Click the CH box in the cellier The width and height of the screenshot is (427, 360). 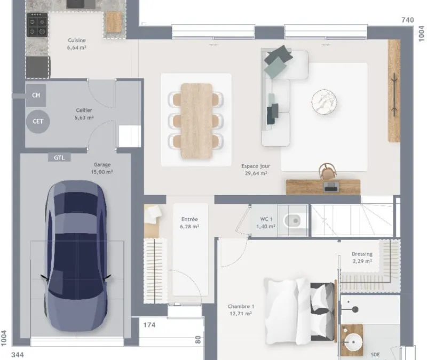(36, 95)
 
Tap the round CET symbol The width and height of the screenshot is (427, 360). (38, 122)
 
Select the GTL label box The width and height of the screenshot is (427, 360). (59, 157)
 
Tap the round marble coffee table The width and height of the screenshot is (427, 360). (324, 102)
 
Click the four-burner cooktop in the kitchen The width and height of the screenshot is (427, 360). (37, 25)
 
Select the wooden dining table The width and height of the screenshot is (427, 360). (196, 121)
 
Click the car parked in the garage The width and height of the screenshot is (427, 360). (76, 256)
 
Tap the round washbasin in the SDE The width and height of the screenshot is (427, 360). (353, 342)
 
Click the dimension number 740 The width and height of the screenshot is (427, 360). (408, 20)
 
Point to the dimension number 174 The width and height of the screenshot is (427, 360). (149, 325)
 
